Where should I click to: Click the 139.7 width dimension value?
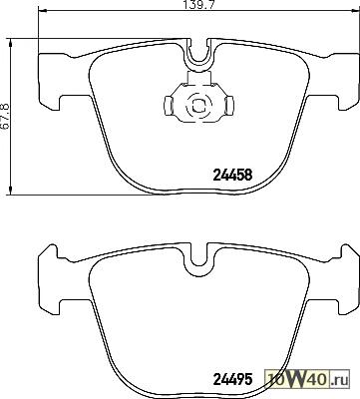click(x=198, y=5)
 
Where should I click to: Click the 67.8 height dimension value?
click(x=5, y=116)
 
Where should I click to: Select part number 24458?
click(x=232, y=175)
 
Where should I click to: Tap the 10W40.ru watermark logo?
click(x=307, y=380)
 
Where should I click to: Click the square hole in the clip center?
click(x=198, y=106)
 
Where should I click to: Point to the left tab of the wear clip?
click(x=169, y=106)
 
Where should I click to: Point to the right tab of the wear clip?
click(x=229, y=106)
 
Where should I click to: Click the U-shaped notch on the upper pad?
click(x=199, y=60)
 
